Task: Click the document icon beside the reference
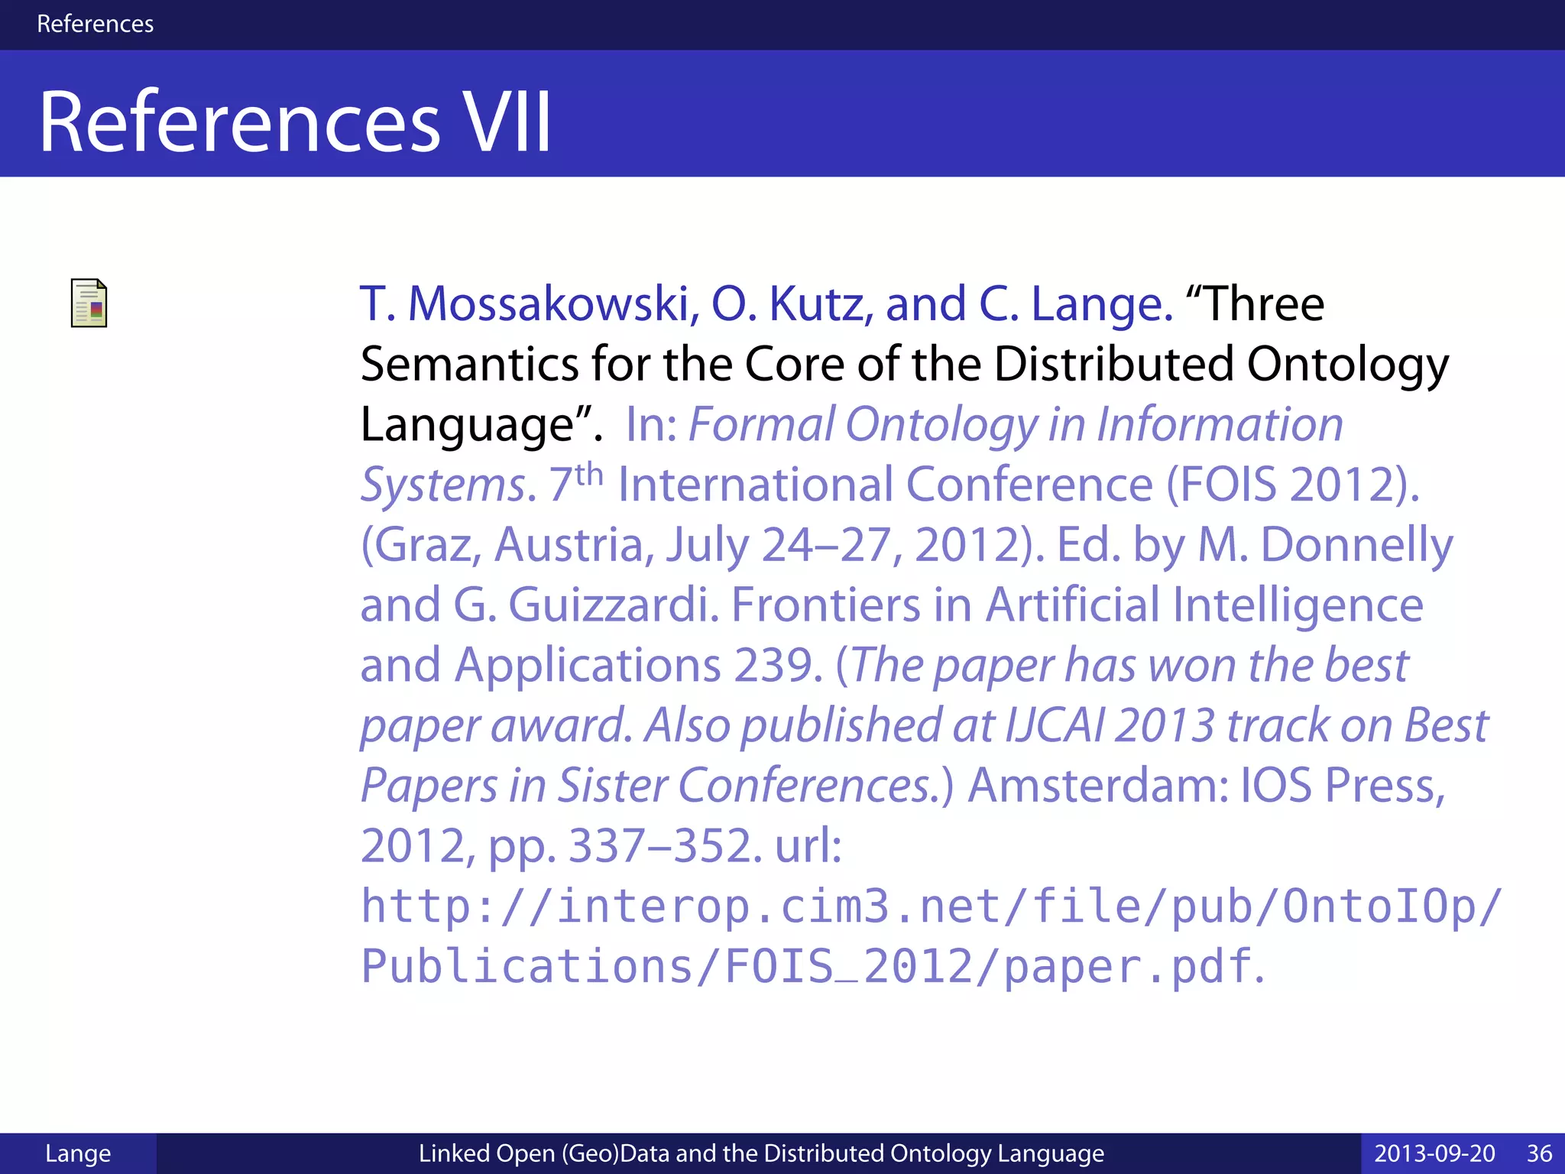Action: tap(89, 303)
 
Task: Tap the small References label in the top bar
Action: tap(95, 24)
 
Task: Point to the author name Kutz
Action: tap(821, 304)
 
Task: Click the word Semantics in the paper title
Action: tap(469, 364)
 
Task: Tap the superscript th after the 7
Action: tap(589, 475)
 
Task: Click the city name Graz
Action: tap(421, 545)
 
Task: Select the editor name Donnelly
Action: tap(1356, 545)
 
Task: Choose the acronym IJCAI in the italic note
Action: tap(1055, 725)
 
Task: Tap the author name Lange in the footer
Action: tap(78, 1153)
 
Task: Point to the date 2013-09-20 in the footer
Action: tap(1434, 1153)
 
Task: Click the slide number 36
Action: tap(1539, 1153)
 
